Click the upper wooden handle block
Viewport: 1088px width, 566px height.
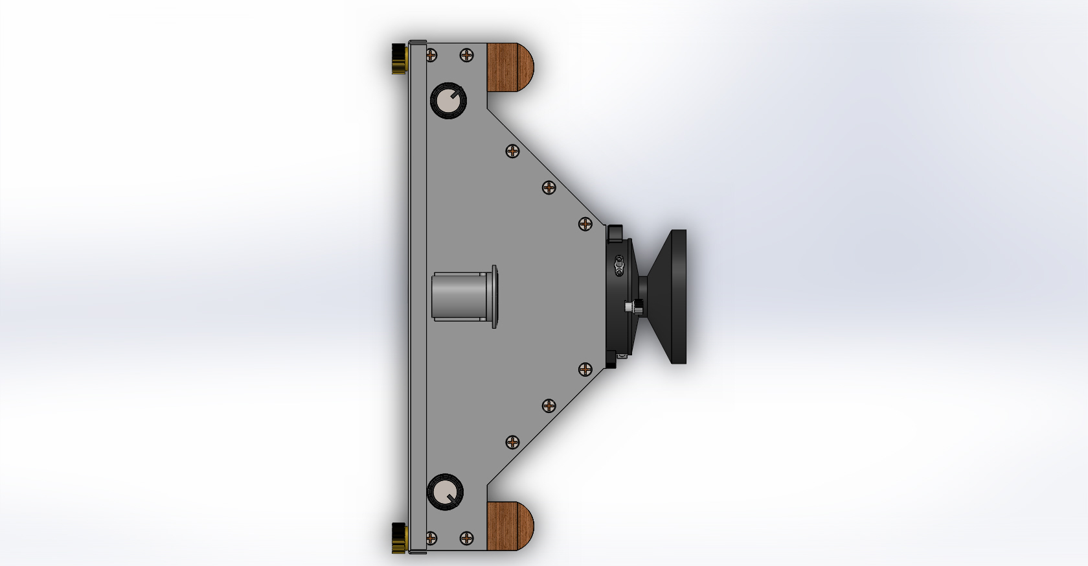(x=509, y=67)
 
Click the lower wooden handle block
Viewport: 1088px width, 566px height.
(x=509, y=526)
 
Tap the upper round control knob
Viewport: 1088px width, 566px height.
(x=448, y=100)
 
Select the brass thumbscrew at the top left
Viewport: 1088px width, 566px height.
(x=399, y=58)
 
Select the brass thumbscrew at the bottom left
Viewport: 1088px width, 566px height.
(x=399, y=537)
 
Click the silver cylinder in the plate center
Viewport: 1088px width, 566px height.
(x=460, y=296)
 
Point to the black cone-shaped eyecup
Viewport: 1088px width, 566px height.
(x=667, y=296)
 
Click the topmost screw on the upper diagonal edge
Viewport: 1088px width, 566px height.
(x=512, y=152)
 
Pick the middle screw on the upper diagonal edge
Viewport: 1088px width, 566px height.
(x=549, y=188)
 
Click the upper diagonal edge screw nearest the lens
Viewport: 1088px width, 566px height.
(x=585, y=224)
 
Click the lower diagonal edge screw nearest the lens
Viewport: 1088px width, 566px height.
(x=585, y=370)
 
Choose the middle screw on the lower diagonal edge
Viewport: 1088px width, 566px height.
(x=549, y=406)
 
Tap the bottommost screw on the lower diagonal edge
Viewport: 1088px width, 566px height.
(x=512, y=442)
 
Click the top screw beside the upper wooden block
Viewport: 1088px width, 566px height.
(x=466, y=56)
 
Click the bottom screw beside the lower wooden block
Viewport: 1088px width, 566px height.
(x=466, y=537)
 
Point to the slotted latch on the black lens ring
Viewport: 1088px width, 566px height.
(x=620, y=265)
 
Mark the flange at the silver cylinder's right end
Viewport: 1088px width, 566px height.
(x=495, y=296)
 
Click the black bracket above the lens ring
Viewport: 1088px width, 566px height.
(x=615, y=231)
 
